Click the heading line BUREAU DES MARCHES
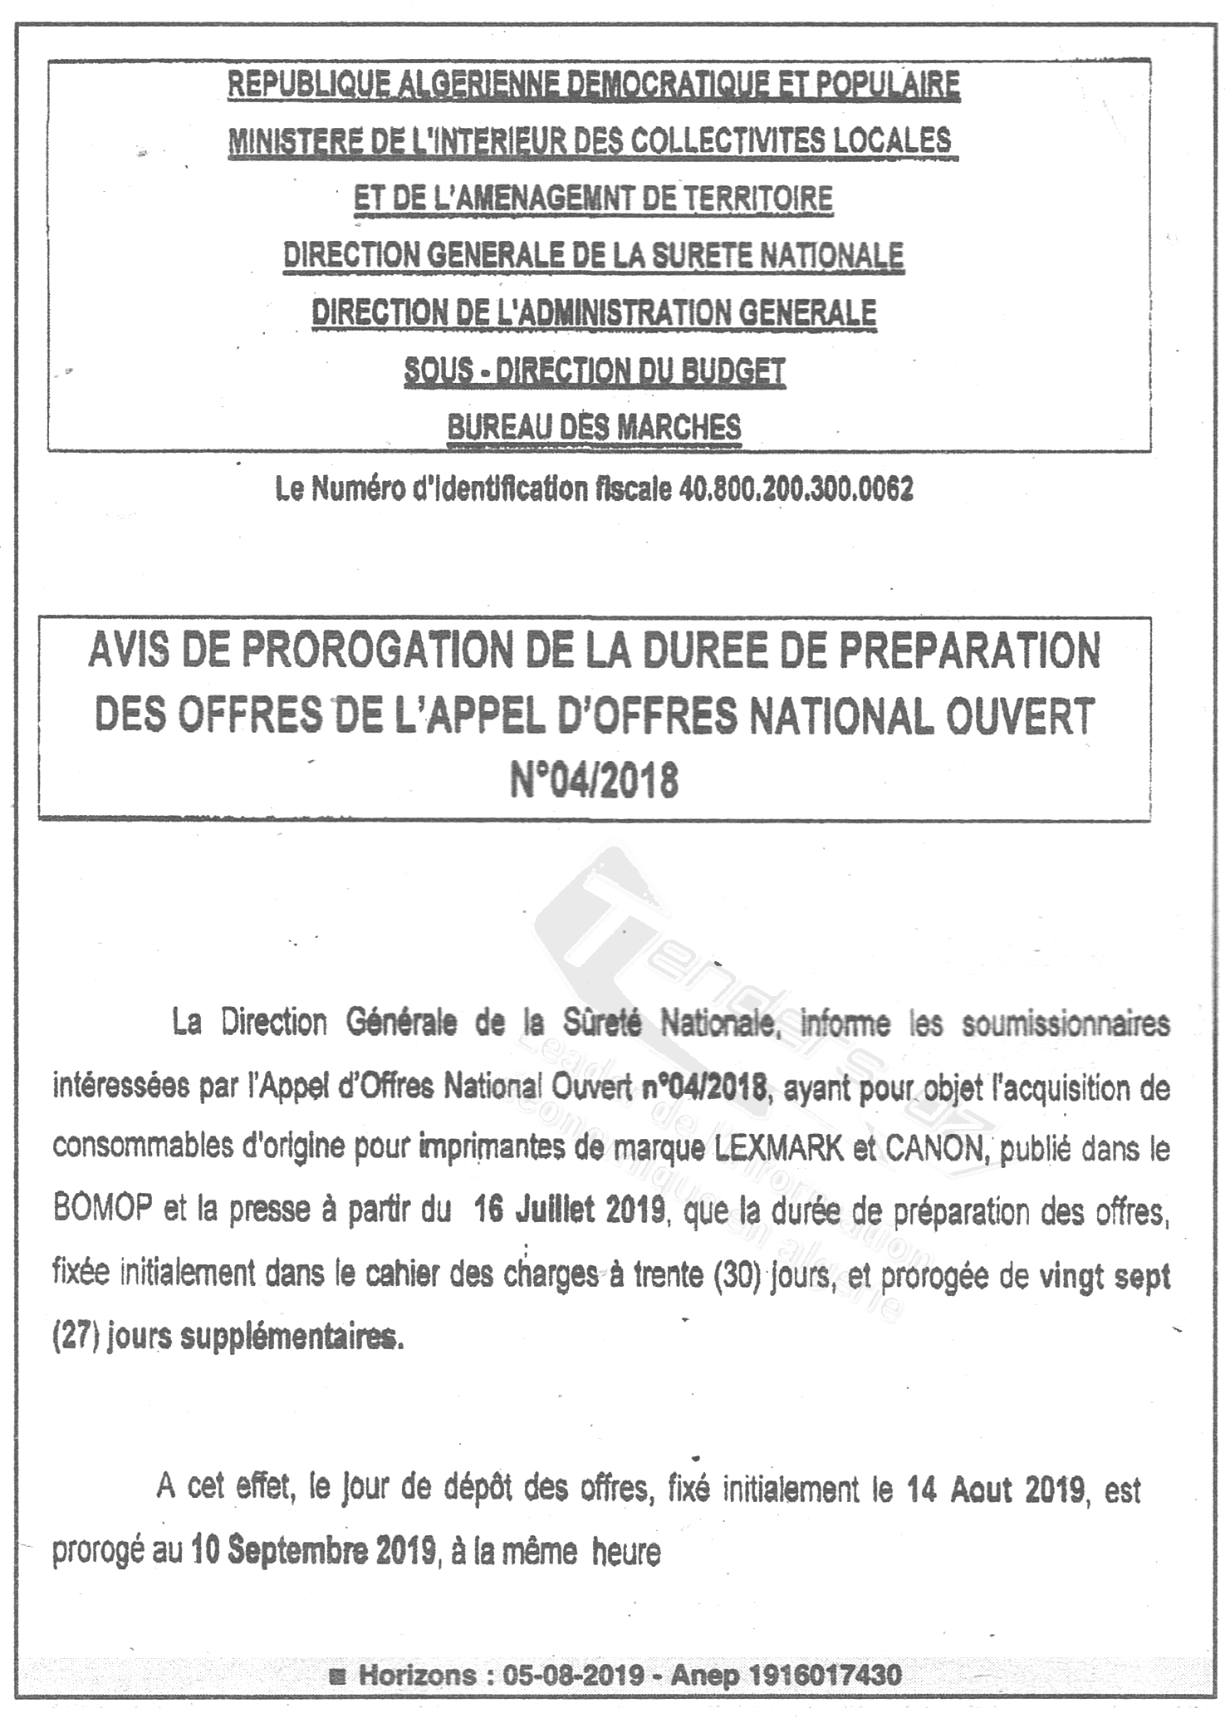pos(594,428)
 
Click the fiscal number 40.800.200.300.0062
pos(796,490)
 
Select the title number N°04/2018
pos(594,781)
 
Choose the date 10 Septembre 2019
pos(314,1551)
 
